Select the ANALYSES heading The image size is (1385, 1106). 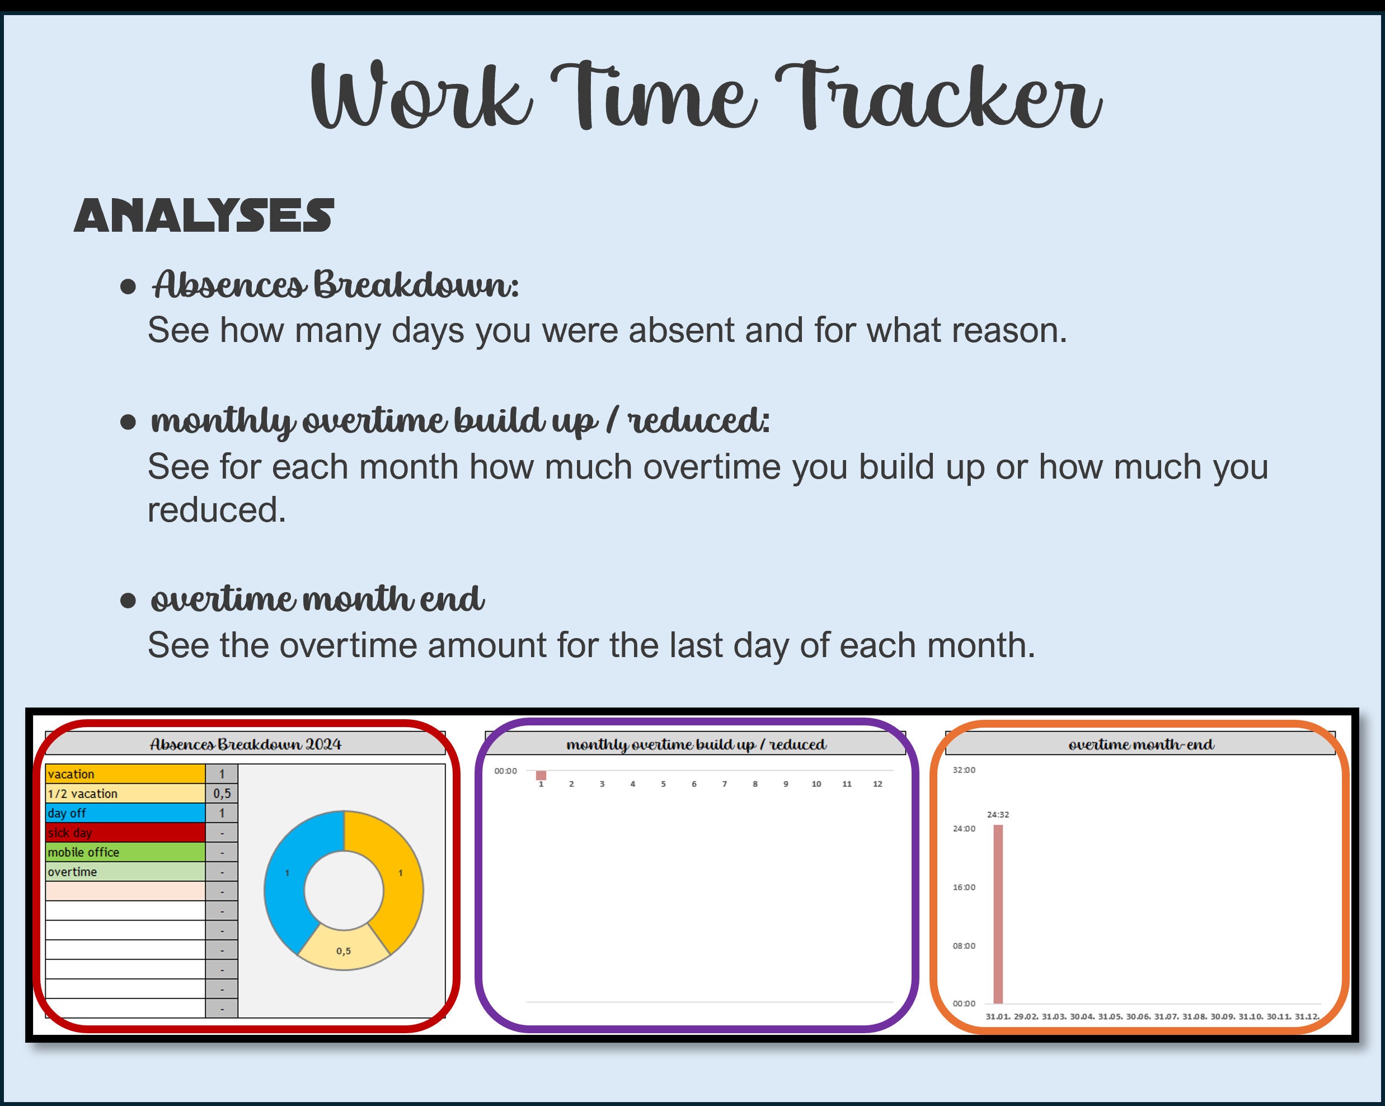(204, 215)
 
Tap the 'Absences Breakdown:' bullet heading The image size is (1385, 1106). (335, 285)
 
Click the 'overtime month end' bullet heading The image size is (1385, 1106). (317, 599)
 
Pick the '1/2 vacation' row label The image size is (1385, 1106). (125, 794)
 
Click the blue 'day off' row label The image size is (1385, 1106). (125, 813)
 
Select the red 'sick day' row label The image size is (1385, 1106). (125, 833)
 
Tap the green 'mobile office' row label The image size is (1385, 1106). (125, 852)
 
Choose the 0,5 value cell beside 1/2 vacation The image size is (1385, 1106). (222, 794)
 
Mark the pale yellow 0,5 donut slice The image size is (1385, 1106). (344, 950)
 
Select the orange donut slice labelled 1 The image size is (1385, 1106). (398, 874)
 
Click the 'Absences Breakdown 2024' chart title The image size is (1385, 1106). (246, 744)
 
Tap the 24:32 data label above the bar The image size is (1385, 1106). (998, 814)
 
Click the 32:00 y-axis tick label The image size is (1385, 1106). (964, 770)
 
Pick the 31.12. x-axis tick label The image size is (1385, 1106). (1307, 1016)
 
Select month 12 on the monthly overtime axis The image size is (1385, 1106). (877, 784)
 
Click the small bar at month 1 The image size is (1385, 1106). (541, 775)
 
